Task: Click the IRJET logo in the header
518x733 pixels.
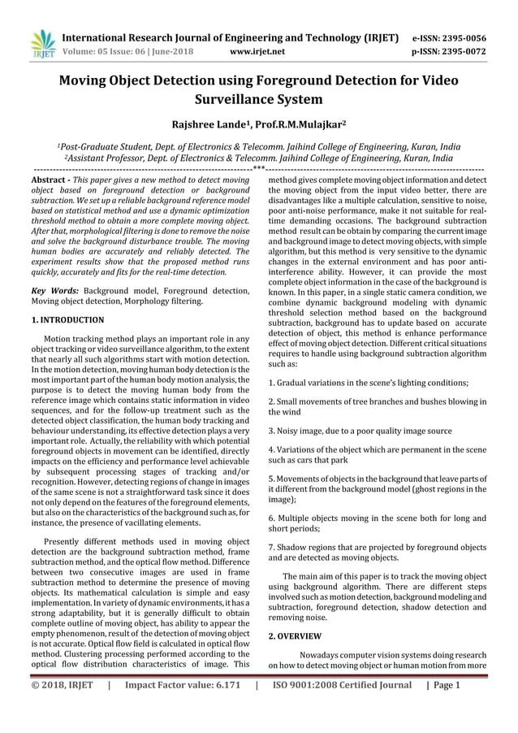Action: pos(41,44)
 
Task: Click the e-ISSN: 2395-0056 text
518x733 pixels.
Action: pos(460,37)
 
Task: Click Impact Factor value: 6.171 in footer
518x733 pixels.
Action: pos(183,685)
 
